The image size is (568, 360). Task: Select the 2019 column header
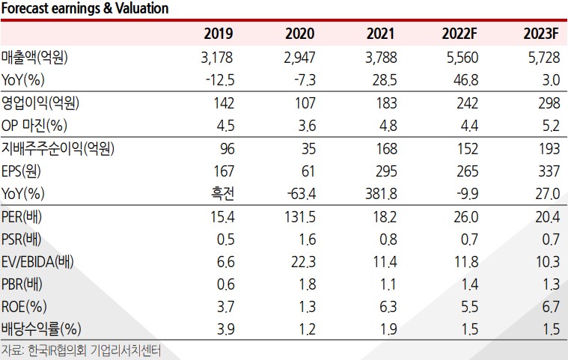[x=219, y=34]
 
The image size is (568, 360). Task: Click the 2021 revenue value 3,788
[x=381, y=57]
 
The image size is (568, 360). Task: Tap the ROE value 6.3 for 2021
[x=387, y=305]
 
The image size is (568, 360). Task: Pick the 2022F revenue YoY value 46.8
[x=466, y=79]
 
